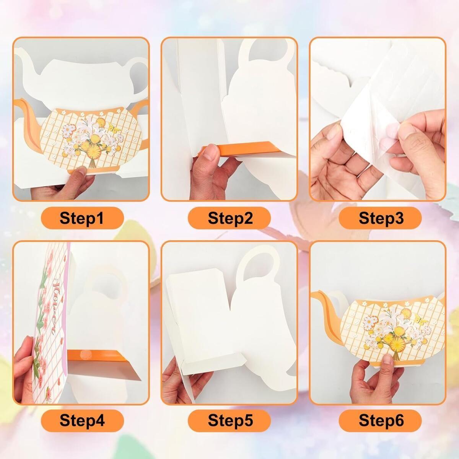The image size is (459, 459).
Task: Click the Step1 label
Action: pyautogui.click(x=82, y=218)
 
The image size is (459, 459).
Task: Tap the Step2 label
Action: pyautogui.click(x=230, y=218)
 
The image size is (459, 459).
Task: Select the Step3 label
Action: pyautogui.click(x=381, y=218)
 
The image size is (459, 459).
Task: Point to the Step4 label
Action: pyautogui.click(x=82, y=420)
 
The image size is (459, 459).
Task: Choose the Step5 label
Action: pyautogui.click(x=230, y=420)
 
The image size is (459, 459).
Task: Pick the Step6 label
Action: pyautogui.click(x=381, y=420)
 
